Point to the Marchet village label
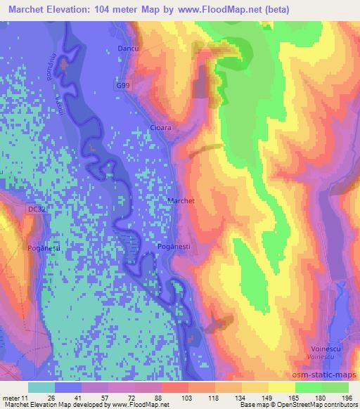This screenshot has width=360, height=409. pos(181,200)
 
